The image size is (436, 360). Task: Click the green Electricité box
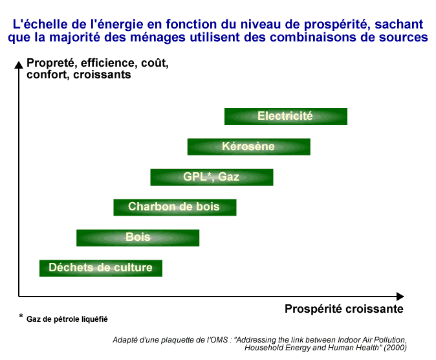pyautogui.click(x=286, y=117)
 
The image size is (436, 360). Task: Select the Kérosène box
pyautogui.click(x=249, y=147)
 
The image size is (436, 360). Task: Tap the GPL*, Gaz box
pyautogui.click(x=212, y=177)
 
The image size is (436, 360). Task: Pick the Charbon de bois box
pyautogui.click(x=175, y=207)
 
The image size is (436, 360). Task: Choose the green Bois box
pyautogui.click(x=138, y=238)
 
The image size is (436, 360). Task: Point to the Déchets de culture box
pyautogui.click(x=101, y=268)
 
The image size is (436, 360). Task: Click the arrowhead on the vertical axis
pyautogui.click(x=19, y=65)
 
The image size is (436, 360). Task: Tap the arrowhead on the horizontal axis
pyautogui.click(x=400, y=297)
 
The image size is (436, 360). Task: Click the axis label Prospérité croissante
pyautogui.click(x=344, y=309)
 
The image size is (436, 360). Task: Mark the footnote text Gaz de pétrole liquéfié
pyautogui.click(x=67, y=319)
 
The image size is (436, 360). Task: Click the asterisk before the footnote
pyautogui.click(x=21, y=317)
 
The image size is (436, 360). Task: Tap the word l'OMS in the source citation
pyautogui.click(x=217, y=340)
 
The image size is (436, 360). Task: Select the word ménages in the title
pyautogui.click(x=158, y=38)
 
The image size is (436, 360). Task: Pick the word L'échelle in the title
pyautogui.click(x=40, y=24)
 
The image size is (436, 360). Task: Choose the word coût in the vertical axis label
pyautogui.click(x=155, y=63)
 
